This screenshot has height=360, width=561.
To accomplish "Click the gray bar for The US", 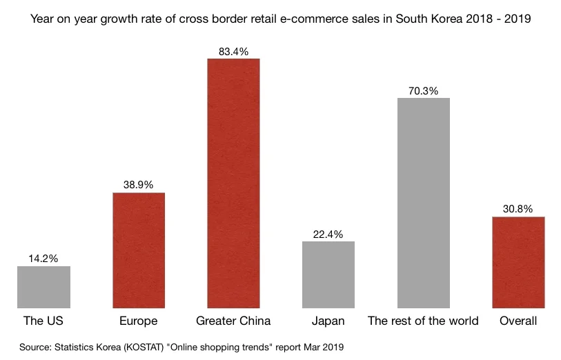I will (x=43, y=287).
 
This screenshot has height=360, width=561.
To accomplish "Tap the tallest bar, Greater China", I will (x=233, y=183).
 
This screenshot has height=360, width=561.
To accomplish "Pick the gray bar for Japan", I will (x=328, y=274).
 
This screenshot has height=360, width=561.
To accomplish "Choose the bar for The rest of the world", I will (x=423, y=203).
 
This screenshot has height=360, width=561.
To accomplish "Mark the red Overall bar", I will (x=518, y=262).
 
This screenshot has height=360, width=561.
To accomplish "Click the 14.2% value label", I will (x=43, y=258).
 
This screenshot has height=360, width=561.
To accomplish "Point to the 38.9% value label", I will (x=139, y=185).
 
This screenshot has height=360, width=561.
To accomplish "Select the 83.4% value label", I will (x=233, y=50).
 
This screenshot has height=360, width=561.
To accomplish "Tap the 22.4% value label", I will (x=328, y=234).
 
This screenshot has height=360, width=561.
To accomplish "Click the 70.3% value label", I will (x=423, y=90).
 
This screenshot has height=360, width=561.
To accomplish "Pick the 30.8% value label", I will (x=518, y=209).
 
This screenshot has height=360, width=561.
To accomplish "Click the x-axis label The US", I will (x=43, y=321).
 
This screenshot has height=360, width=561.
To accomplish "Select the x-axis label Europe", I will (x=139, y=321).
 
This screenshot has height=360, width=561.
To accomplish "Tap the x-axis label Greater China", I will (x=233, y=321).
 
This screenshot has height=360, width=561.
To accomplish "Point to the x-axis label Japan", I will (x=328, y=321).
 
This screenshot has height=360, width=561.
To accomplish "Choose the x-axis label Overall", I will (x=518, y=321).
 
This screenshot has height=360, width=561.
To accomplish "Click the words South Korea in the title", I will (x=429, y=19).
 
